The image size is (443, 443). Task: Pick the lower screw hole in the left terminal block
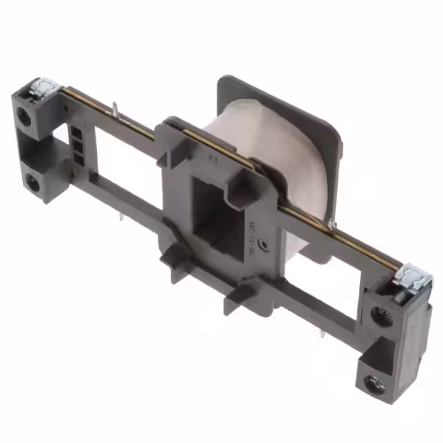point(32,183)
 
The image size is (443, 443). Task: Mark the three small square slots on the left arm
point(78,146)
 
